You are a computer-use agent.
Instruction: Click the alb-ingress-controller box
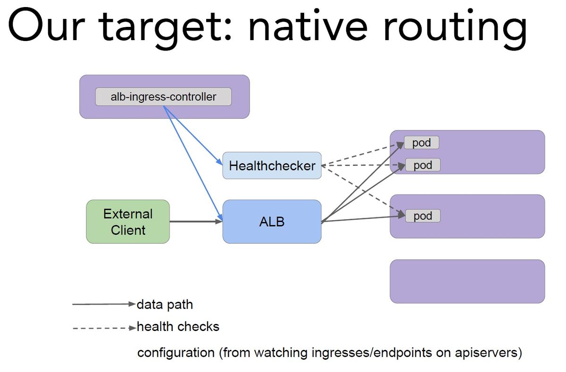click(163, 97)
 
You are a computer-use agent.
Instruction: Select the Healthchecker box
click(272, 165)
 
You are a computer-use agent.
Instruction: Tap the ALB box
click(272, 222)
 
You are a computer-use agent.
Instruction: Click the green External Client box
click(128, 222)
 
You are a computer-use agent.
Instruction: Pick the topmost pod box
click(422, 142)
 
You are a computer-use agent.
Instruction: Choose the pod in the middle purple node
click(423, 215)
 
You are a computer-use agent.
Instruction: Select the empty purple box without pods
click(467, 281)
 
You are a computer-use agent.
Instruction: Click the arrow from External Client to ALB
click(196, 222)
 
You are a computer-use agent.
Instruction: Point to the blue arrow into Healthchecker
click(193, 135)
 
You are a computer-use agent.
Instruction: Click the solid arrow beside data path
click(104, 304)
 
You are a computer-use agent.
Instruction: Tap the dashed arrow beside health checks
click(104, 328)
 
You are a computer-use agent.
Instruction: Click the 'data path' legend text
click(165, 304)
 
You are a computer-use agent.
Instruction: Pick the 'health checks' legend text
click(178, 326)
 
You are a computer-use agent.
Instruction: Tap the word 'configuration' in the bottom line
click(176, 353)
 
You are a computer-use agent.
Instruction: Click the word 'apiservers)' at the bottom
click(489, 353)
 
